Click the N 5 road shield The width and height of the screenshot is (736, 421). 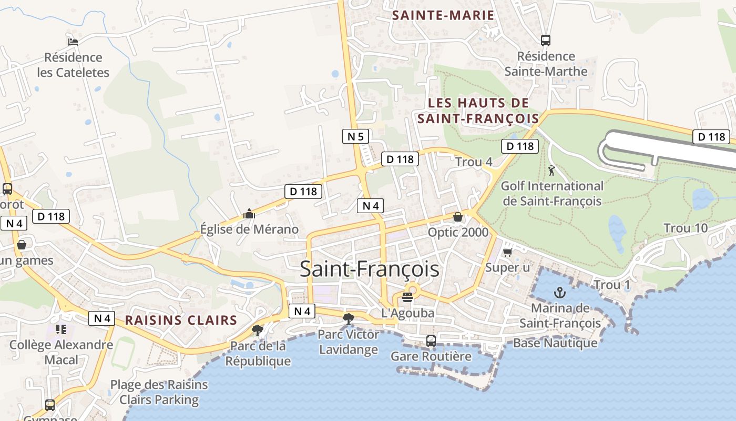355,137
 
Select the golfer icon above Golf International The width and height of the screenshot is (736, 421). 551,171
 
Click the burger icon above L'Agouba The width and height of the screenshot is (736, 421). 407,297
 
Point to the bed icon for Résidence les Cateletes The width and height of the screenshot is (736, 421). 73,42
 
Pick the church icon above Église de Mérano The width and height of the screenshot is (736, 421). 249,214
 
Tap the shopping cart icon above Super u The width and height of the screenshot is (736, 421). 507,253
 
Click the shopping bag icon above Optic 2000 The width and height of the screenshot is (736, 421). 458,217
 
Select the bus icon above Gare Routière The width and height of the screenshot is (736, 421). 431,341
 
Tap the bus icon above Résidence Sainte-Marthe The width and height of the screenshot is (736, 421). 546,40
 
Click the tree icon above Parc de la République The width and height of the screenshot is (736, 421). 258,330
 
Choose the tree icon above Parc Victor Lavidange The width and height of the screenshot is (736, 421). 348,318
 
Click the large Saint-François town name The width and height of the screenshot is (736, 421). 369,269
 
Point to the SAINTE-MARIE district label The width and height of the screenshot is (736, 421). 443,15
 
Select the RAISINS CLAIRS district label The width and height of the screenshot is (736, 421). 181,320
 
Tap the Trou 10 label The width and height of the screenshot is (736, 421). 686,228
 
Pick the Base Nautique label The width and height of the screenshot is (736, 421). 555,343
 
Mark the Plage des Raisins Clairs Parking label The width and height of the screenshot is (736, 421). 159,392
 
